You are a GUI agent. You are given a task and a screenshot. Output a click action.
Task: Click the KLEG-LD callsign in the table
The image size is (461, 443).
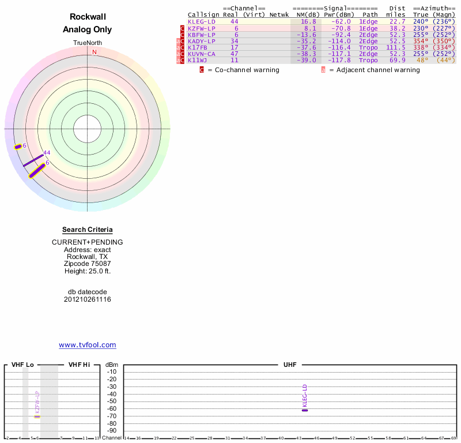[201, 21]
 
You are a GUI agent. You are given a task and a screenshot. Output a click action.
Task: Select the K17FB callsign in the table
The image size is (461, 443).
[198, 47]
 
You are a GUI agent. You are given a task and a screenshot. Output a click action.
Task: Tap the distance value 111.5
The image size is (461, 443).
[395, 47]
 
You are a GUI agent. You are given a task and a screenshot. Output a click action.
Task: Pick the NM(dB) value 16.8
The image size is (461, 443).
[308, 21]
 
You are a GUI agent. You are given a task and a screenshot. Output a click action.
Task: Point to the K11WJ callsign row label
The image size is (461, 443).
[198, 60]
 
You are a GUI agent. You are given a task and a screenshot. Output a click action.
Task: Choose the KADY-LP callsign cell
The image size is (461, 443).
[201, 41]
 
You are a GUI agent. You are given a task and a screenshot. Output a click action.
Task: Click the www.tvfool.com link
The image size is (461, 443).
[88, 345]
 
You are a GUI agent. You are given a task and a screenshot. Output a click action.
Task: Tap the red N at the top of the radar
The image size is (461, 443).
[95, 52]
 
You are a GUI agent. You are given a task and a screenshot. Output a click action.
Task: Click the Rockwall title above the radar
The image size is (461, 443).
[88, 17]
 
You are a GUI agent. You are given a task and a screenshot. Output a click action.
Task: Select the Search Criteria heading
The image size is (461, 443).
[88, 230]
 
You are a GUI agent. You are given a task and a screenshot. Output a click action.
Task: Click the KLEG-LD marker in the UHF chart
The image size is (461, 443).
[305, 410]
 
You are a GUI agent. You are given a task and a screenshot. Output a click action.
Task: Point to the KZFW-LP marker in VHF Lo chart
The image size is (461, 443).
[37, 416]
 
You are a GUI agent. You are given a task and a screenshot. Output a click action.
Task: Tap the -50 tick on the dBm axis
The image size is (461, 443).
[112, 401]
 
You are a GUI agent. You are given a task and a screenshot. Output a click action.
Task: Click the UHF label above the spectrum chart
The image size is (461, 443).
[289, 365]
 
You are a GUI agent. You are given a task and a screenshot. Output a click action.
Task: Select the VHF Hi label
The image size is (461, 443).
[79, 365]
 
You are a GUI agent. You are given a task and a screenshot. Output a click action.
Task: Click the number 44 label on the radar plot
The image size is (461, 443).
[47, 153]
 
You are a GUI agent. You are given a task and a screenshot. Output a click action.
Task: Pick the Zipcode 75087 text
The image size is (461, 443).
[88, 264]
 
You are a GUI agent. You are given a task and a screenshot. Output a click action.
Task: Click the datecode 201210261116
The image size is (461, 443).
[88, 299]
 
